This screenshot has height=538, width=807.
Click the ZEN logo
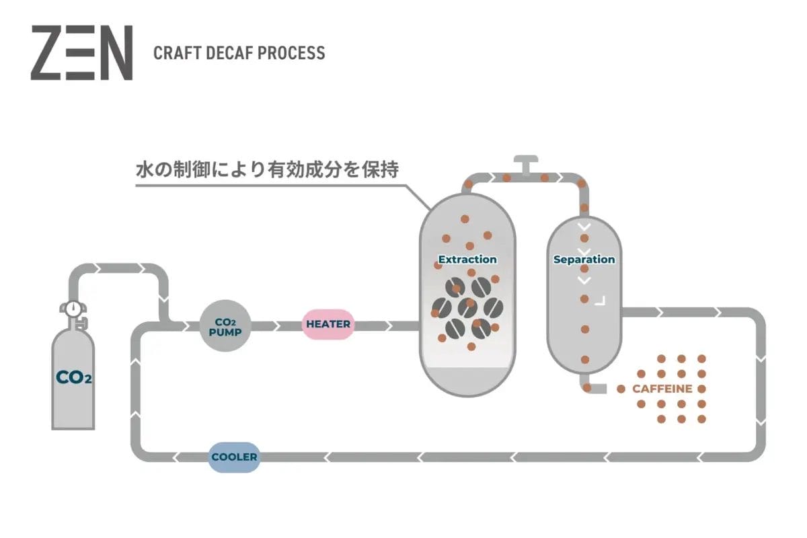point(81,53)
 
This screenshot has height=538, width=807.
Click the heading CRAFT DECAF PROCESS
point(239,53)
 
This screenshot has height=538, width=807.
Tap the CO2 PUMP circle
point(225,325)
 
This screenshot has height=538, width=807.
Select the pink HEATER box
point(328,324)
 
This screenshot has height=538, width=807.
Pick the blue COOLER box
point(234,457)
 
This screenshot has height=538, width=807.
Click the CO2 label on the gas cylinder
point(73,377)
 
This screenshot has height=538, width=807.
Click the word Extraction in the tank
point(467,260)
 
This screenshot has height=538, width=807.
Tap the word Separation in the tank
point(584,260)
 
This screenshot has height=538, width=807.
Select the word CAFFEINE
point(662,389)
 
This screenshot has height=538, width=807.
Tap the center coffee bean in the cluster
point(467,307)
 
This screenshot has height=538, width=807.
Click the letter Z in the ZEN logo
point(48,53)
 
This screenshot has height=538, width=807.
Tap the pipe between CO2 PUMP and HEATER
point(276,325)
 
